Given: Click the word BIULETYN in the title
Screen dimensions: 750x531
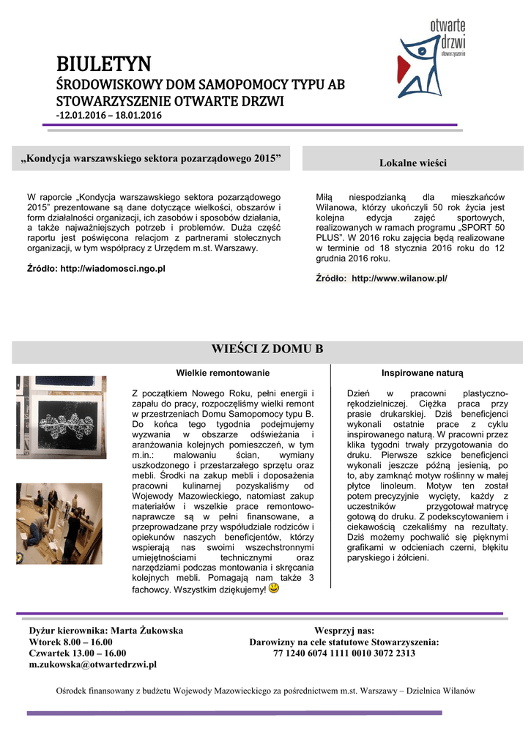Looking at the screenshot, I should tap(104, 64).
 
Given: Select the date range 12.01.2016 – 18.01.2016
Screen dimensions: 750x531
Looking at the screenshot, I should tap(111, 116).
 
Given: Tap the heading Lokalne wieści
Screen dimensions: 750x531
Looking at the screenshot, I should tap(412, 163).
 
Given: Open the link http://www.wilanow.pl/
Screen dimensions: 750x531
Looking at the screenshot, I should tap(399, 278).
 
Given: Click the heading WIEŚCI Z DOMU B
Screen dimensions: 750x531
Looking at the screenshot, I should tap(267, 348).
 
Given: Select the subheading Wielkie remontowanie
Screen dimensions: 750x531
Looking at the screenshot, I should tap(218, 372).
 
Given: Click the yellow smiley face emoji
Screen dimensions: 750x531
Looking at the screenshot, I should tap(273, 589).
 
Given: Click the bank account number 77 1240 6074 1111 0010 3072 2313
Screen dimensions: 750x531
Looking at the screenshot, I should tap(344, 653).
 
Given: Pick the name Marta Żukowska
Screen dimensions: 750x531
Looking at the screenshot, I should tap(146, 630).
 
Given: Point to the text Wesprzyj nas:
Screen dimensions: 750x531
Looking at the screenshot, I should tap(344, 630).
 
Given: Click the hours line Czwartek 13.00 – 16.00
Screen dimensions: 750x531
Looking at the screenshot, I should tap(77, 653).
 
